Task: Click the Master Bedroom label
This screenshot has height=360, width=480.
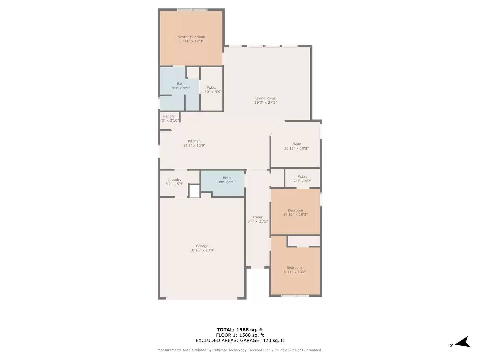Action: coord(191,37)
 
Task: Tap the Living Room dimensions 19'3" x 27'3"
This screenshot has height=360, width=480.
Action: coord(266,103)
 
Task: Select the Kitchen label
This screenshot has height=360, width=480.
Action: coord(194,141)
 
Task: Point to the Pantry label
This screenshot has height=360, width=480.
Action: coord(169,116)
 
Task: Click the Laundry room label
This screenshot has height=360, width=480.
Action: coord(174,180)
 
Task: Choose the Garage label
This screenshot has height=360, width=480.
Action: coord(202,246)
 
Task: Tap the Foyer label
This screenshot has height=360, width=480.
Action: coord(257,217)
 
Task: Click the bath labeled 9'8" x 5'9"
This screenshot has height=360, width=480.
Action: coord(227,180)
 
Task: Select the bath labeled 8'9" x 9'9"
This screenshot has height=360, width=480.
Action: coord(181,86)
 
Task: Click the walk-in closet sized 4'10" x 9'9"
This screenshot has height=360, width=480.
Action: coord(211,90)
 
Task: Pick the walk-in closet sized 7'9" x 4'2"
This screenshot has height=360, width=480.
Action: coord(302,179)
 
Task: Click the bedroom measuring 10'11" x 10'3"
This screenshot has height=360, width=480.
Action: coord(295,212)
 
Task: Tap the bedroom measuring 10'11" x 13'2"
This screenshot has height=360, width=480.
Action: coord(294,270)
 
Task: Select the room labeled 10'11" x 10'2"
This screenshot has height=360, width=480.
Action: coord(296,146)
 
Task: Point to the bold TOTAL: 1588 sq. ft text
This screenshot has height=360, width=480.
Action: coord(240,330)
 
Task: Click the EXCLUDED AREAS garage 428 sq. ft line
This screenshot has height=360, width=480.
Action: coord(240,341)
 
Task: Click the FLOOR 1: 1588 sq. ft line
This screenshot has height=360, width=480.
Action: coord(240,335)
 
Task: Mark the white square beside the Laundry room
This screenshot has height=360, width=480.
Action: coord(194,191)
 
